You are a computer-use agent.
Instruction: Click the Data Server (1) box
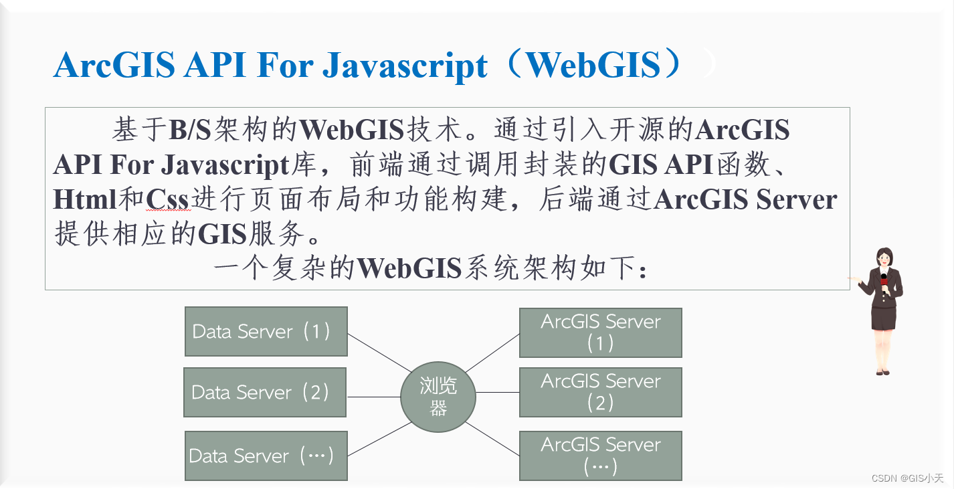click(x=266, y=331)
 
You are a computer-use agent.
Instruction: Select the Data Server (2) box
click(x=265, y=392)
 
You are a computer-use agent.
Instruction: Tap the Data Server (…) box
click(x=266, y=456)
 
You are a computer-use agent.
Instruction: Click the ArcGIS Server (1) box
click(x=600, y=332)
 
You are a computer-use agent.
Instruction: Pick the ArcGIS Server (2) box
click(x=600, y=392)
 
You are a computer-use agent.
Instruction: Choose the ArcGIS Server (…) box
click(x=600, y=456)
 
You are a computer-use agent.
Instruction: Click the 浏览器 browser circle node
click(x=438, y=397)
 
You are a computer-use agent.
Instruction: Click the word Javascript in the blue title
click(x=405, y=66)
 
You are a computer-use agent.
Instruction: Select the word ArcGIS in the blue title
click(x=113, y=66)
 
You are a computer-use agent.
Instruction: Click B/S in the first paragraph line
click(x=190, y=130)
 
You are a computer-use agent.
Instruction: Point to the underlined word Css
click(x=168, y=199)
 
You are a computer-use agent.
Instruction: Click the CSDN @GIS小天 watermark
click(x=907, y=478)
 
